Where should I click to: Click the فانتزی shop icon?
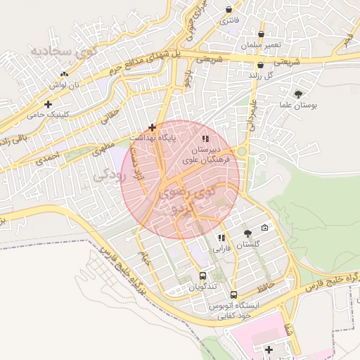229,10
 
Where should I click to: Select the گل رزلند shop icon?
260,65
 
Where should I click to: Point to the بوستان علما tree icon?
299,94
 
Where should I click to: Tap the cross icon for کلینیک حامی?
48,104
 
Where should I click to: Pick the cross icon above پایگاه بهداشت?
152,127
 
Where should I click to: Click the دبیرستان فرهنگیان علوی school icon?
205,139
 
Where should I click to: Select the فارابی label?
221,248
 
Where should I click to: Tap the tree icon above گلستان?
247,233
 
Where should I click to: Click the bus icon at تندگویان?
202,276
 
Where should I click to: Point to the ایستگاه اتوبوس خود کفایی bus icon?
233,295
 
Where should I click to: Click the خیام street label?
144,259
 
